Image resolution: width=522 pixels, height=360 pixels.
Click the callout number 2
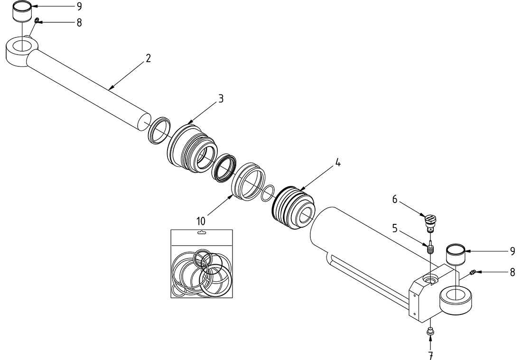(148, 59)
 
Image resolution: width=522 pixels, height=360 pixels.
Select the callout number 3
(221, 99)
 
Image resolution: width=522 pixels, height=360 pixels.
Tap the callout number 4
(337, 163)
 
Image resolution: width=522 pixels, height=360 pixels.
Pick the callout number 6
(394, 200)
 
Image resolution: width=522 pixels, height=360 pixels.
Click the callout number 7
(431, 354)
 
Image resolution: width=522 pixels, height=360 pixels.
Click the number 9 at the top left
(79, 6)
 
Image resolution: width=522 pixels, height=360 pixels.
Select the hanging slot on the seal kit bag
(202, 233)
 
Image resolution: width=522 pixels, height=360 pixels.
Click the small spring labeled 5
(430, 248)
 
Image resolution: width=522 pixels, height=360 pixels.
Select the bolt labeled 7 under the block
(430, 332)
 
